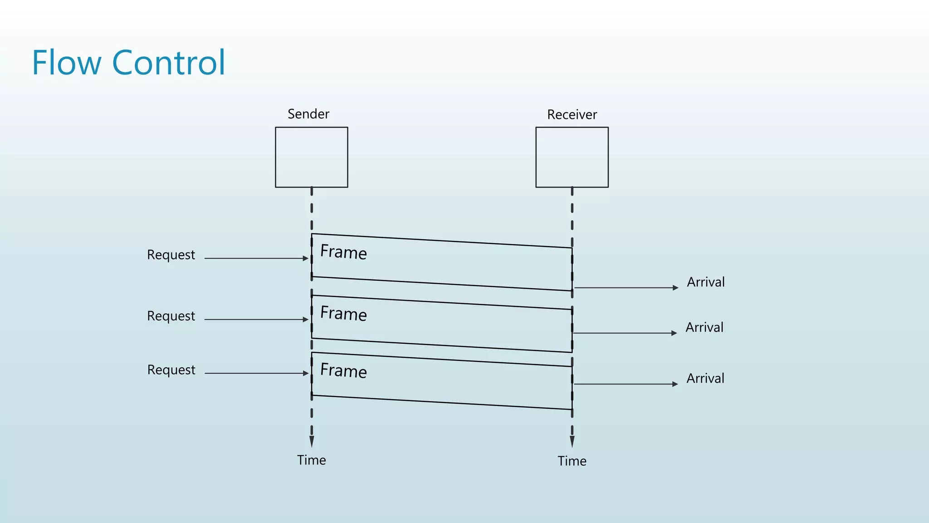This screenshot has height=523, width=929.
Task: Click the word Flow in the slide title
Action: click(x=66, y=63)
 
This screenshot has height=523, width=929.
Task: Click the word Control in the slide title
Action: click(x=168, y=63)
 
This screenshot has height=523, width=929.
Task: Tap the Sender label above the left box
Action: click(x=308, y=114)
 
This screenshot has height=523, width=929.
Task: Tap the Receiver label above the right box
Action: click(x=572, y=115)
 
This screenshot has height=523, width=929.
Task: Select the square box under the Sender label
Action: click(x=312, y=157)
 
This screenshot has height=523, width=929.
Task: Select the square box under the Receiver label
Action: click(x=572, y=157)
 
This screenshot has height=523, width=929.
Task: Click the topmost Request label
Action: click(x=171, y=255)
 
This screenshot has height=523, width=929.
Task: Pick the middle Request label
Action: click(x=171, y=316)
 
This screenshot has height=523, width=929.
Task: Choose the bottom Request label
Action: click(x=171, y=370)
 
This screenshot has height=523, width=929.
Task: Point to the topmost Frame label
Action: click(x=343, y=252)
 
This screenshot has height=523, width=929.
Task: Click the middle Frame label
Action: click(x=343, y=314)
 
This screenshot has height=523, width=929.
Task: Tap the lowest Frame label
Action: click(x=343, y=370)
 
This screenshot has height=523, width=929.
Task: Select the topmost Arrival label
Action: click(x=706, y=282)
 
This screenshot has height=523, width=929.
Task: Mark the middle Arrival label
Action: click(x=704, y=328)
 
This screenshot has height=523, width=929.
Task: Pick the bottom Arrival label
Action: click(x=705, y=379)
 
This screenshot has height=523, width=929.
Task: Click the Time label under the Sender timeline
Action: click(x=312, y=460)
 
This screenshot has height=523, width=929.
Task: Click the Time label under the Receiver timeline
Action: click(x=572, y=461)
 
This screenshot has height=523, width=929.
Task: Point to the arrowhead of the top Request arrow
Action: click(x=306, y=258)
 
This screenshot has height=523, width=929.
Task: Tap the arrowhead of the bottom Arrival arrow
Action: click(x=675, y=384)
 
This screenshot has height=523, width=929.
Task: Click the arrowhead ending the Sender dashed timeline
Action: click(x=312, y=442)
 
